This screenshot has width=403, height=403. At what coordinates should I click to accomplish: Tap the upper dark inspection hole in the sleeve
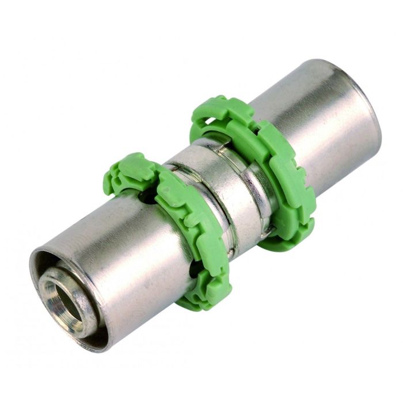coord(150,199)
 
